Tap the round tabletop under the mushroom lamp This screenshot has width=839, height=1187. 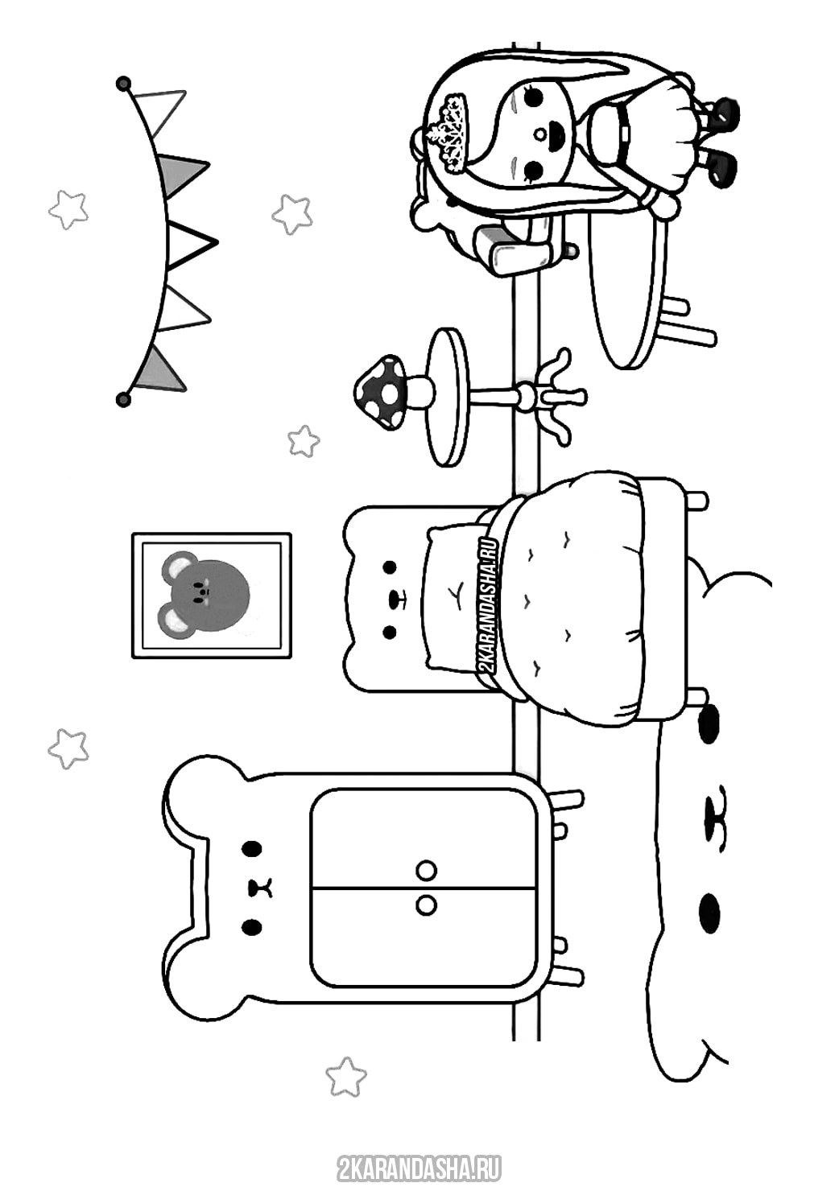pos(448,397)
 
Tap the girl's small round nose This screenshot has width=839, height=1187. pos(539,134)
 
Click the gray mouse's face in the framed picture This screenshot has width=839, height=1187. pos(205,594)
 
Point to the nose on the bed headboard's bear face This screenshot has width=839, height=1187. pos(395,599)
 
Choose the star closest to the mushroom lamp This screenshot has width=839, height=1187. pos(304,441)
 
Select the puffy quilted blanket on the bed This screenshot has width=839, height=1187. pos(572,598)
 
